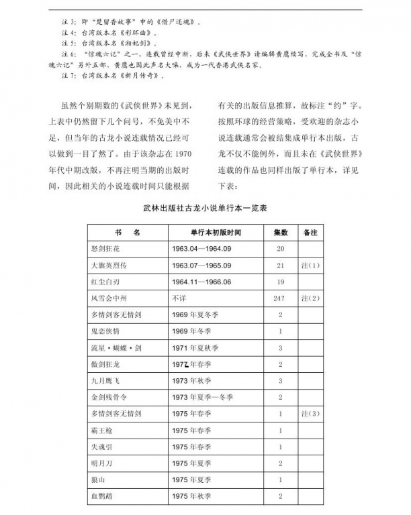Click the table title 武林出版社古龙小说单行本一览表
tap(205, 209)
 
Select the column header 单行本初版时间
tap(215, 233)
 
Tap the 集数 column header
tap(280, 233)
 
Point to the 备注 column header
tap(310, 233)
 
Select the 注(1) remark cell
tap(310, 266)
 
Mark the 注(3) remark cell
tap(310, 414)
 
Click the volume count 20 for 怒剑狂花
tap(280, 249)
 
